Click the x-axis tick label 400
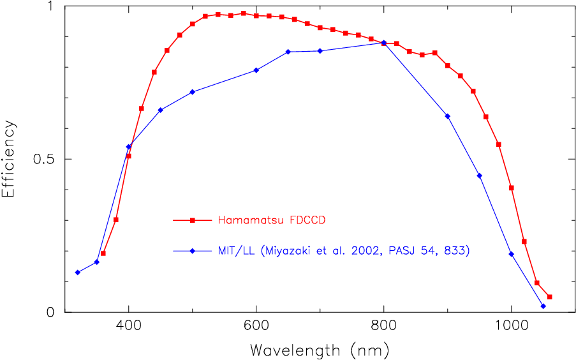coord(128,324)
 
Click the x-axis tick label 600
coord(256,324)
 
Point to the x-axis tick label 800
coord(383,324)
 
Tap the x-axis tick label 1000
coord(511,324)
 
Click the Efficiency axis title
coord(9,159)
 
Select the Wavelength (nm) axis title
coord(319,350)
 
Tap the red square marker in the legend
coord(192,220)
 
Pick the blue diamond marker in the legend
coord(192,251)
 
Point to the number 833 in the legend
coord(458,251)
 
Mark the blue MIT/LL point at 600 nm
coord(256,70)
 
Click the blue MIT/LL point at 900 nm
coord(448,116)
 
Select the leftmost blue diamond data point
coord(78,273)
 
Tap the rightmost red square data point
coord(549,297)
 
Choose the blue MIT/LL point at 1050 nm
coord(543,306)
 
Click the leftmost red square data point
coord(103,253)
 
